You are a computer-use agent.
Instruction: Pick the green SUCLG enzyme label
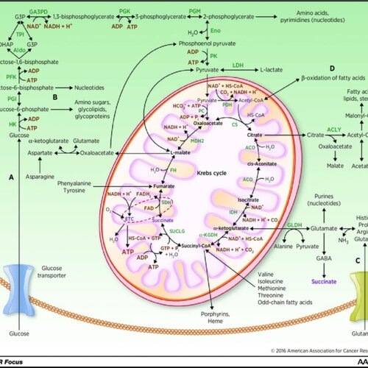pos(177,231)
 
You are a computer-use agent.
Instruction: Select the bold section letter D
pos(311,68)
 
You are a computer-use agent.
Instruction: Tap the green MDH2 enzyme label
pos(176,119)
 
